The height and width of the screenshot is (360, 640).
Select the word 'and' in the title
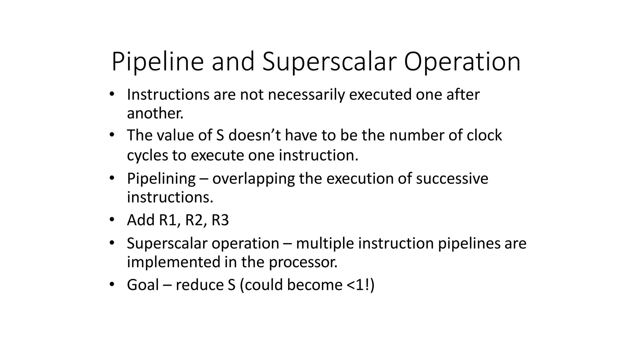[x=233, y=62]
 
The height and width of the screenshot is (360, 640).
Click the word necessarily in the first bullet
[x=306, y=94]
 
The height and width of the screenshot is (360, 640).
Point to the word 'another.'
[x=155, y=113]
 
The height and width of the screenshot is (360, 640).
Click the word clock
[x=484, y=135]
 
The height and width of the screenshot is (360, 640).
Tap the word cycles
[x=147, y=155]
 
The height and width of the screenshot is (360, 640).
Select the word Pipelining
[x=161, y=179]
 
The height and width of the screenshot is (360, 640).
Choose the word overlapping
[x=253, y=179]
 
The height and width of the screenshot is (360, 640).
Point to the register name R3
[x=220, y=220]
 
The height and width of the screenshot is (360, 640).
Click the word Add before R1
[x=141, y=220]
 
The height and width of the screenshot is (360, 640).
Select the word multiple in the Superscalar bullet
[x=325, y=243]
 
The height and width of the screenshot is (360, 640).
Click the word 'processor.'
[x=303, y=262]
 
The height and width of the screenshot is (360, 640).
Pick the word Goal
[x=143, y=285]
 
